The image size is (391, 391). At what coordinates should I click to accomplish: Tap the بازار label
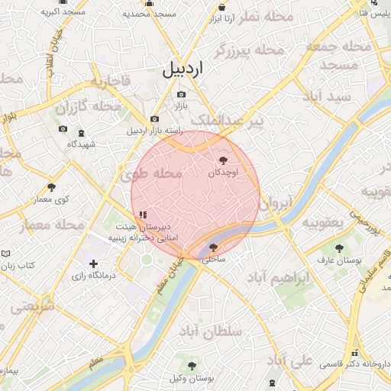tap(181, 105)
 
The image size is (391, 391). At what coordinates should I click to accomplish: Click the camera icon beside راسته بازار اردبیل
tap(155, 118)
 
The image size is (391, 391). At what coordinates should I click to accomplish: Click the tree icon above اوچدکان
tap(223, 160)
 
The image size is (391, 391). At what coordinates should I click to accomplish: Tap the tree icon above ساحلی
tap(213, 247)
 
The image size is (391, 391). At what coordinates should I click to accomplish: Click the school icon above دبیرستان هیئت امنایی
tap(143, 215)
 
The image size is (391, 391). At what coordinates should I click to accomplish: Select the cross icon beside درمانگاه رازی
tap(93, 263)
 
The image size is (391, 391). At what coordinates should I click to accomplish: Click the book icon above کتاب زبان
tap(6, 252)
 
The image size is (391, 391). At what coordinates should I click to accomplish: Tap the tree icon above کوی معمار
tap(52, 186)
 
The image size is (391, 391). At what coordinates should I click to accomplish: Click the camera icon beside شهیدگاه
tap(63, 130)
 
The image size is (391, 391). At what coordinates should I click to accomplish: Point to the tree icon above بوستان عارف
tap(339, 248)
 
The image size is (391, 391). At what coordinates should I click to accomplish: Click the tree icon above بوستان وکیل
tap(192, 366)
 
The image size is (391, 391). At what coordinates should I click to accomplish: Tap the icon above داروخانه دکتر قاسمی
tap(354, 354)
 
